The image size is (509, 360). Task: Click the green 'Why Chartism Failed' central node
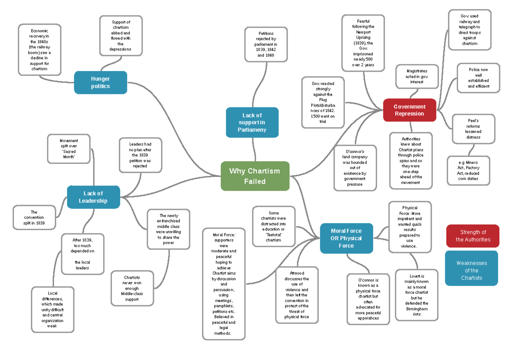(255, 176)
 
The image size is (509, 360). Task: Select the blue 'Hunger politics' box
(101, 82)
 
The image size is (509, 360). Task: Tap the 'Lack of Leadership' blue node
(93, 197)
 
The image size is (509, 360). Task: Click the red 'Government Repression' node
(409, 110)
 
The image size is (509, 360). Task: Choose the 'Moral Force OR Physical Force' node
(346, 238)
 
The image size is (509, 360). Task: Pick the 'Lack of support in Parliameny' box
(252, 122)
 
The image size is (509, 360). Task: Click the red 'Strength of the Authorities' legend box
(473, 236)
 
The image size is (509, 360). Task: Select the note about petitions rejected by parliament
(266, 44)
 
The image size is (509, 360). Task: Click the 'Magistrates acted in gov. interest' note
(417, 76)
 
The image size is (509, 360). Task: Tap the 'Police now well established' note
(478, 78)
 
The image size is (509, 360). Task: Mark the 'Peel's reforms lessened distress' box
(473, 129)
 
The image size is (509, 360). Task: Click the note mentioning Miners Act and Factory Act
(468, 171)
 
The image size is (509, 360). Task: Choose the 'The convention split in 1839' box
(34, 217)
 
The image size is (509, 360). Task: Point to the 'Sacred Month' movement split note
(69, 149)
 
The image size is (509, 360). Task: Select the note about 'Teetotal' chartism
(274, 226)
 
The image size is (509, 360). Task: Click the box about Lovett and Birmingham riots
(417, 295)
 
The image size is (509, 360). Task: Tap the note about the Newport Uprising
(363, 43)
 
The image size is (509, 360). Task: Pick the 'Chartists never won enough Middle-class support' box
(132, 288)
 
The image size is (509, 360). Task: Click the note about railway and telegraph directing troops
(470, 30)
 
